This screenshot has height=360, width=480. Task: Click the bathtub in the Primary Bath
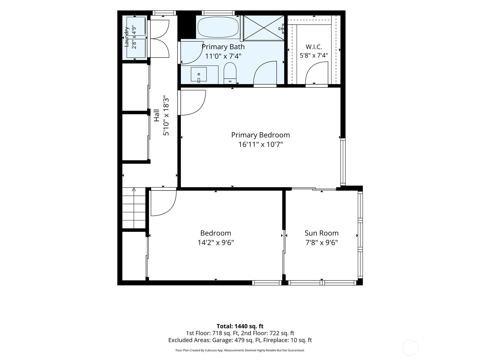pyautogui.click(x=218, y=27)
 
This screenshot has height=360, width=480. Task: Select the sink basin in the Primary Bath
pyautogui.click(x=199, y=74)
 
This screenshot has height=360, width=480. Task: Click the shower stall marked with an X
pyautogui.click(x=264, y=28)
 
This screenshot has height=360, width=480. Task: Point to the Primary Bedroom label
pyautogui.click(x=260, y=135)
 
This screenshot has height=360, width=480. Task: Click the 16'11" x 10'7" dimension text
pyautogui.click(x=260, y=145)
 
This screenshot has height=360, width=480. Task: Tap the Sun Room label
pyautogui.click(x=322, y=233)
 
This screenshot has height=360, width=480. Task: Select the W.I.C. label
pyautogui.click(x=313, y=47)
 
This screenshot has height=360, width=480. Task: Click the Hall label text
pyautogui.click(x=157, y=115)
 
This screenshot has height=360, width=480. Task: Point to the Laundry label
pyautogui.click(x=126, y=37)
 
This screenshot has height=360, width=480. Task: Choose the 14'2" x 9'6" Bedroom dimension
pyautogui.click(x=216, y=243)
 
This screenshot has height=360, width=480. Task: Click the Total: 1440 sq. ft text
pyautogui.click(x=240, y=326)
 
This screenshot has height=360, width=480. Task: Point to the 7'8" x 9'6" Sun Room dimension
pyautogui.click(x=322, y=243)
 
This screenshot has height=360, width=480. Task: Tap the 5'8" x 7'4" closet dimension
pyautogui.click(x=313, y=55)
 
